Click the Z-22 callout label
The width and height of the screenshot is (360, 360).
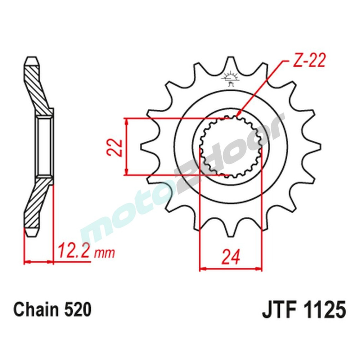[309, 62]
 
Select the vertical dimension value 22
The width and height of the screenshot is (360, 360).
[115, 147]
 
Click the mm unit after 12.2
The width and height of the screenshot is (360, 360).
[104, 253]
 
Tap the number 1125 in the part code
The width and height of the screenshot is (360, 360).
[326, 310]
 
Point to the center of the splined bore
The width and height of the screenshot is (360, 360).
[230, 147]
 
